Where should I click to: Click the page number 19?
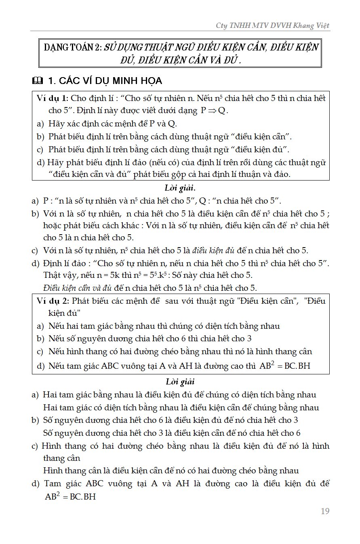(x=325, y=511)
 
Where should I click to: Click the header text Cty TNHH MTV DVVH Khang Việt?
(x=272, y=25)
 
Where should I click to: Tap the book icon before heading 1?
(x=37, y=81)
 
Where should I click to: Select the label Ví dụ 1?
(x=52, y=98)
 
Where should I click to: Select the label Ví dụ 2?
(x=52, y=301)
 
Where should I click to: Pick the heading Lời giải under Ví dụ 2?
(x=180, y=382)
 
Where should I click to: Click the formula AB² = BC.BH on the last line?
(x=70, y=496)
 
